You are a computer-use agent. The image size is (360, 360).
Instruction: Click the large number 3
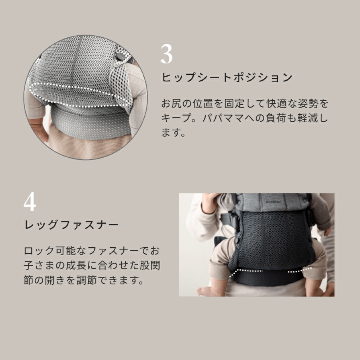pos(166,54)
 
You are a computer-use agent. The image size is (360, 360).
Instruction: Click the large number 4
pos(30,201)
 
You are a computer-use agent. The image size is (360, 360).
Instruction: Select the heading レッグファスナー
pos(71,225)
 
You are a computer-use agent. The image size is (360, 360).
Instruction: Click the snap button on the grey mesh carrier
pos(120,57)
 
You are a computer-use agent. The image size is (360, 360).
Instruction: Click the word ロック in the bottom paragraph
pos(39,251)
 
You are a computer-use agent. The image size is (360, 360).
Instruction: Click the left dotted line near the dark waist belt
pos(245,272)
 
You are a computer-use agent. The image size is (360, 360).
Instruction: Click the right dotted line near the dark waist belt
pos(300,270)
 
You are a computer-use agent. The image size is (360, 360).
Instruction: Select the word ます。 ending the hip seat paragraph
pos(174,132)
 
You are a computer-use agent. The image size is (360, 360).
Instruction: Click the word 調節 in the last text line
pos(86,280)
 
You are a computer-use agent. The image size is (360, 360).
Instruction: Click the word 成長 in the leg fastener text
pos(76,265)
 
